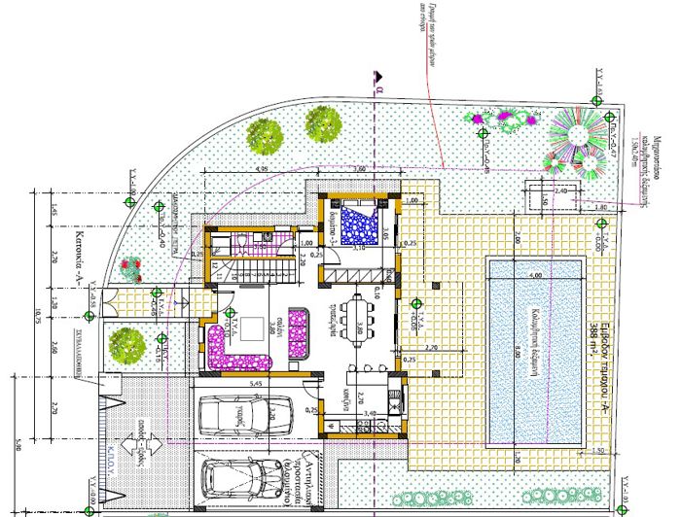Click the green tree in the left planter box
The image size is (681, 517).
click(128, 343)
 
